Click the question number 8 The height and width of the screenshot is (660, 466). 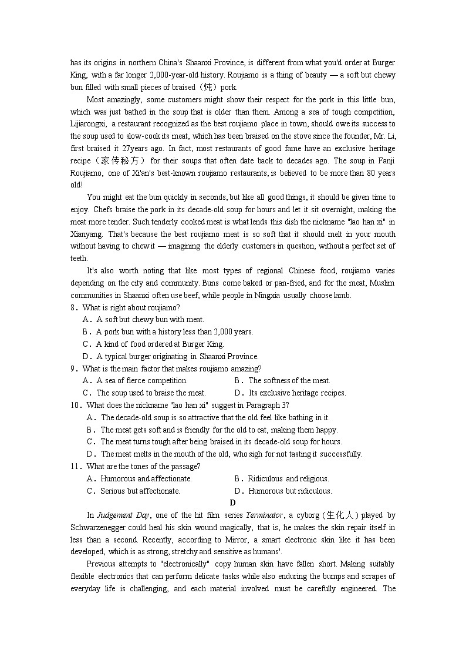point(73,307)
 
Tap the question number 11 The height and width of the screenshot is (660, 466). point(75,466)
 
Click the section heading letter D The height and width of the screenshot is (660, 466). point(232,502)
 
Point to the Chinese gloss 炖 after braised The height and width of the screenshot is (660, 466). point(207,87)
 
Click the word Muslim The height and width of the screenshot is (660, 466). point(381,283)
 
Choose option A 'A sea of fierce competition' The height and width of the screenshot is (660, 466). point(141,380)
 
